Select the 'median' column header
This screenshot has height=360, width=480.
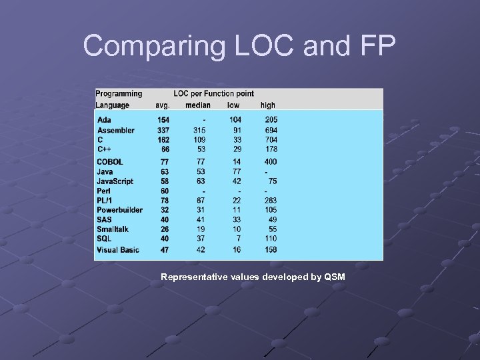pos(198,105)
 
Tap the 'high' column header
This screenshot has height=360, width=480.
pos(267,105)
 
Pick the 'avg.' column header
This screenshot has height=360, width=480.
pos(163,105)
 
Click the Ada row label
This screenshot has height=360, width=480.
pos(105,120)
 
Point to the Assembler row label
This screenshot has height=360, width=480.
pos(116,130)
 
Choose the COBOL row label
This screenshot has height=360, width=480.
pos(111,162)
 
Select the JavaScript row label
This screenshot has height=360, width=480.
pos(115,181)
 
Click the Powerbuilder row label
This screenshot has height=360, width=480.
pos(120,210)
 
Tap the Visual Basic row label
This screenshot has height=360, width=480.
pos(119,250)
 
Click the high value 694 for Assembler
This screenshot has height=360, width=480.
pos(271,130)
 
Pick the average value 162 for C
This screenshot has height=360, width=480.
pos(163,140)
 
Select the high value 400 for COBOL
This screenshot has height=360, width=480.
pos(271,162)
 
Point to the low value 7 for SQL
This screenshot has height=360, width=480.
pos(238,239)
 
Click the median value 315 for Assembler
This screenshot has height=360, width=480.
pos(199,130)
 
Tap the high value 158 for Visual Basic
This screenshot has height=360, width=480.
pos(271,250)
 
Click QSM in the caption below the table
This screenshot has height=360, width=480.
pos(335,277)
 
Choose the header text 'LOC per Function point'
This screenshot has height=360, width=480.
pos(213,94)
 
